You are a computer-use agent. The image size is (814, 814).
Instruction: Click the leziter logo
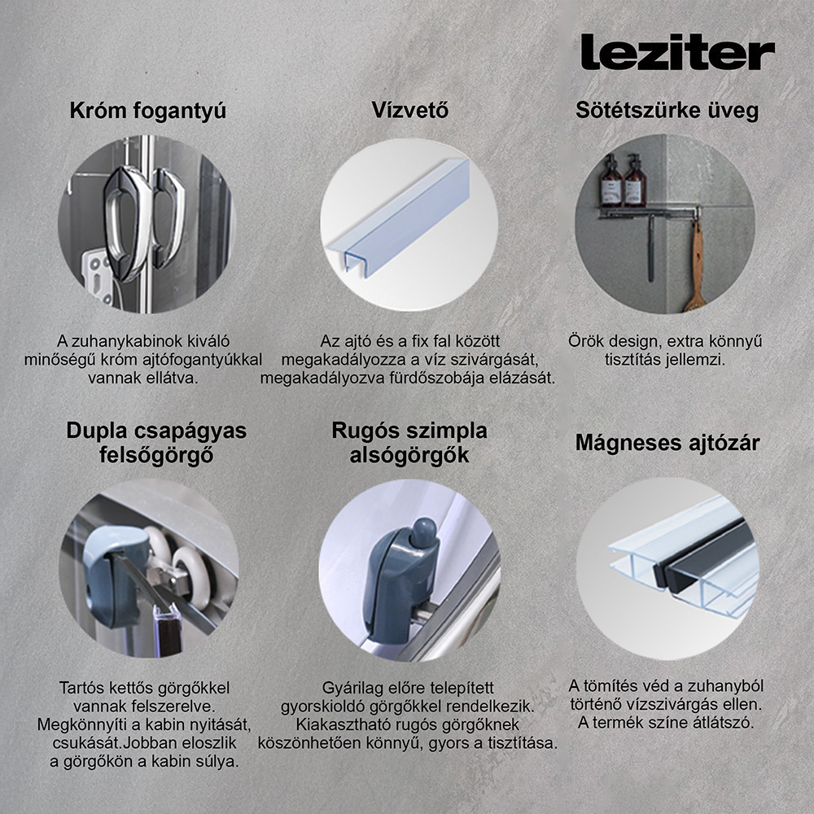coord(677,52)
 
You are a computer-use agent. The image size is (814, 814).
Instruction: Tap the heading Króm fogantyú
coord(147,111)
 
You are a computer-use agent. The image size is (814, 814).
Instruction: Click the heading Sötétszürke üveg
coord(667,110)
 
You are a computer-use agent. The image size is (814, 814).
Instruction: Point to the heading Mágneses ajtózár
coord(667,443)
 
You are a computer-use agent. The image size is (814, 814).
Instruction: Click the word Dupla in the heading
coord(99,430)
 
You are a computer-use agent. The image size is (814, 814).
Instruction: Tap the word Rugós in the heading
coord(364,430)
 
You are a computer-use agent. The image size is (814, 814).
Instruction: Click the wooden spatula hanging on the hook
coord(696,269)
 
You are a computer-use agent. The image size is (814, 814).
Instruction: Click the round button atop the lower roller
coord(421,533)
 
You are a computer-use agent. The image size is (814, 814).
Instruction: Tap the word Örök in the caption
coord(586,341)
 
